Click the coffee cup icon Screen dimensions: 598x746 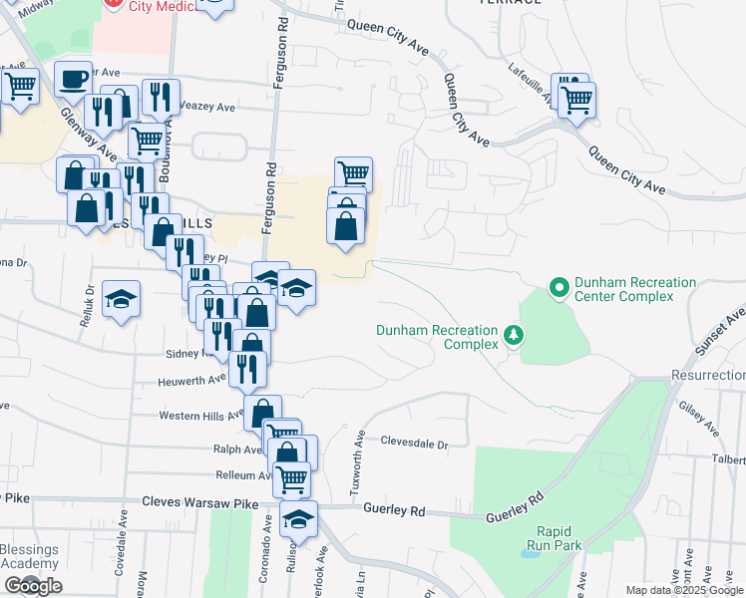[74, 78]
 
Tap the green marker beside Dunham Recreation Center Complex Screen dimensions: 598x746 [559, 290]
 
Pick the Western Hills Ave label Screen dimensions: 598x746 [200, 415]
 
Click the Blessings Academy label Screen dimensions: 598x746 [30, 556]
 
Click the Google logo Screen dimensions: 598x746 [32, 586]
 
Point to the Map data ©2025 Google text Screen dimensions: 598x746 [684, 590]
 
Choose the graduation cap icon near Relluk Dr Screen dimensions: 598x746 [121, 298]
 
